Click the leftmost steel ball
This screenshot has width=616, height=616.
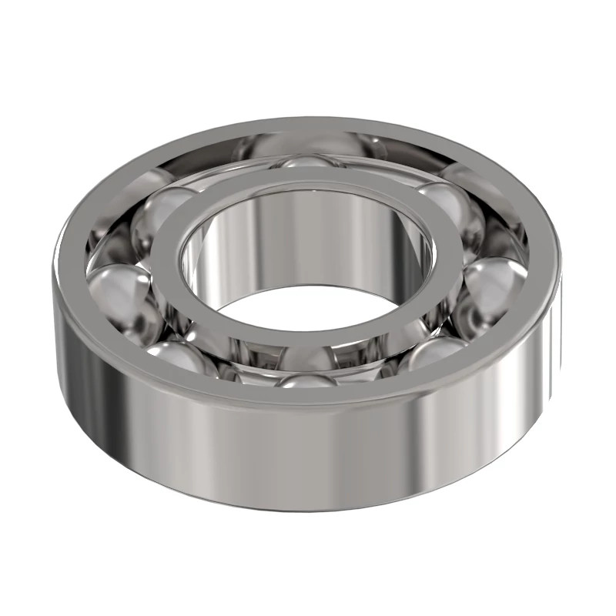115,289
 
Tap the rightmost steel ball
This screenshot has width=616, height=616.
497,281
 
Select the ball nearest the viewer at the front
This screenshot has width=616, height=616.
308,379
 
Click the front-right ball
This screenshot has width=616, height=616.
435,350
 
